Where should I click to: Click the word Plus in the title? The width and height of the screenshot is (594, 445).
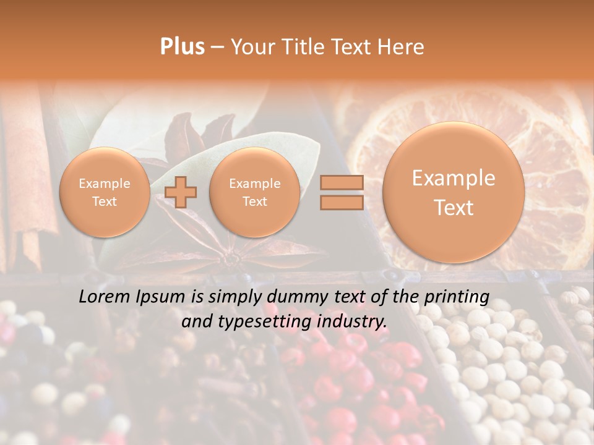coord(182,46)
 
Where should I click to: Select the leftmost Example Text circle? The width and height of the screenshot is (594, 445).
coord(104,192)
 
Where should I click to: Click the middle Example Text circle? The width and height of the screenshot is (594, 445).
coord(254,192)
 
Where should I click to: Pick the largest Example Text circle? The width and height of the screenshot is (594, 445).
coord(454,192)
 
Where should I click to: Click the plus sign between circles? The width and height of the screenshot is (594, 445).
coord(181,192)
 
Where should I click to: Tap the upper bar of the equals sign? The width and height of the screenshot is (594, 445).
coord(342,182)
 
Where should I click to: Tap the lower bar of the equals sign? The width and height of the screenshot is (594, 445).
coord(342,202)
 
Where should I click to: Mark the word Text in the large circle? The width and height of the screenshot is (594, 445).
coord(454,208)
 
